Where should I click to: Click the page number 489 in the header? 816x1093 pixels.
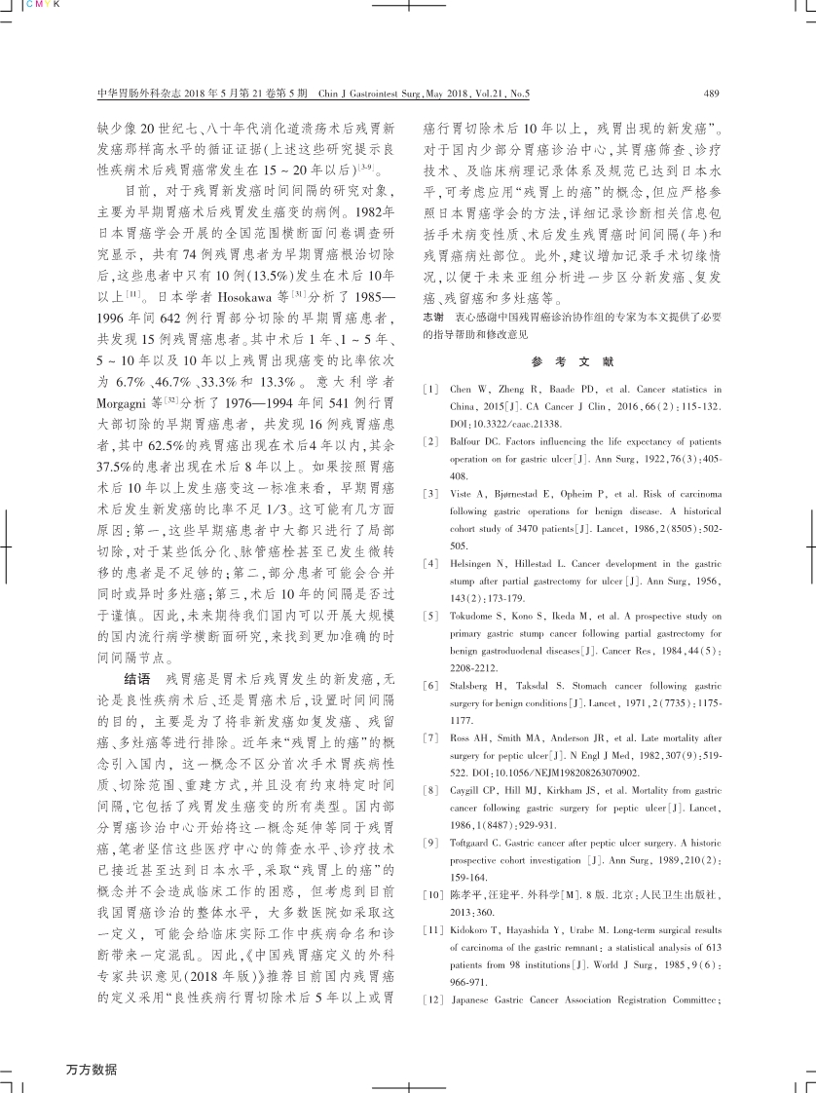click(709, 94)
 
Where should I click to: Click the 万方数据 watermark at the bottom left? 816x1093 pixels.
click(92, 1069)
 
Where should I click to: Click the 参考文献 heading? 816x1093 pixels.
click(573, 361)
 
